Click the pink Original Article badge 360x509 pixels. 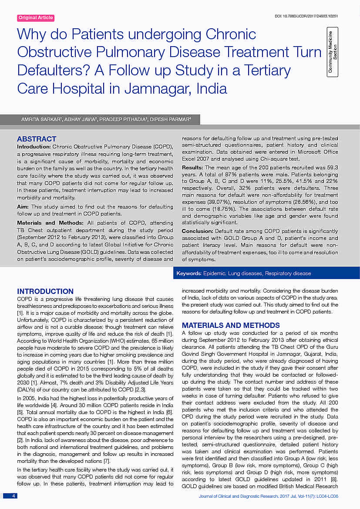click(x=36, y=18)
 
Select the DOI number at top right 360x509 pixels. click(x=306, y=16)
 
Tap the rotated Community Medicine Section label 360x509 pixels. click(x=333, y=52)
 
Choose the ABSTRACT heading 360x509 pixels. click(x=37, y=139)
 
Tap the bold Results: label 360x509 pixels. click(x=192, y=168)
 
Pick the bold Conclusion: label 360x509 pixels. click(x=197, y=231)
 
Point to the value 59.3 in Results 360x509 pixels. click(x=331, y=168)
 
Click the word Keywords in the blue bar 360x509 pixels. click(x=188, y=273)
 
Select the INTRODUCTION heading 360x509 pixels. click(x=45, y=291)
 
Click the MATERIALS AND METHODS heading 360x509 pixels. click(x=231, y=325)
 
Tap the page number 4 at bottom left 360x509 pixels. click(x=14, y=496)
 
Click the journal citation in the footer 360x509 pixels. click(x=268, y=496)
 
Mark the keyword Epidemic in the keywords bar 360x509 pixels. click(x=215, y=273)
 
